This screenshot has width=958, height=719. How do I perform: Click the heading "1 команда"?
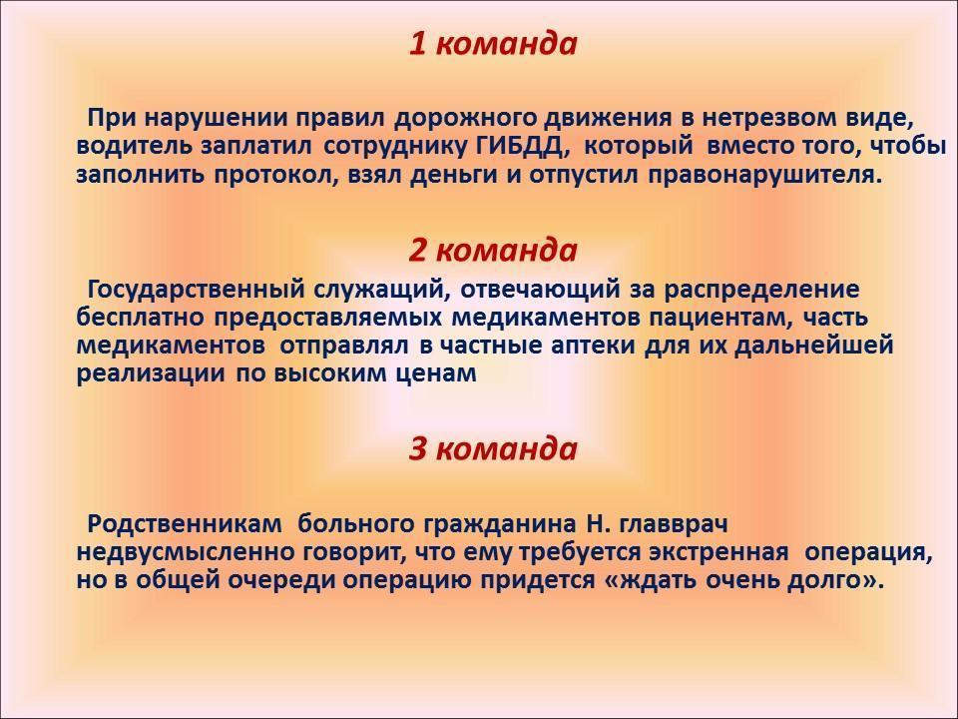click(492, 44)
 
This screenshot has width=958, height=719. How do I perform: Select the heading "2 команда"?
click(492, 250)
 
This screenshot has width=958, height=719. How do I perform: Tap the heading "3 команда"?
click(492, 448)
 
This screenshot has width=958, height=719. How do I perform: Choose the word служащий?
click(382, 290)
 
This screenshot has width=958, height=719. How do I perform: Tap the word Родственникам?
click(185, 524)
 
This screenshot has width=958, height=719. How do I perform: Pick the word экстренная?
click(718, 552)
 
